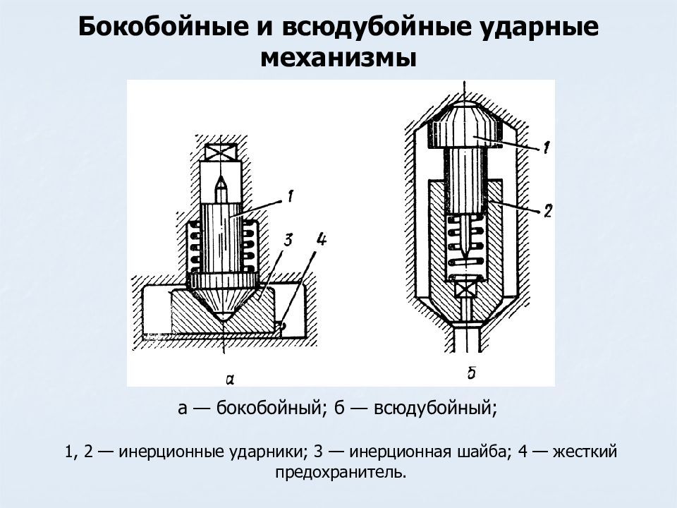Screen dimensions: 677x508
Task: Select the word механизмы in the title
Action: point(338,58)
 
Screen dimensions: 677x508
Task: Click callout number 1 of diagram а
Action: point(290,197)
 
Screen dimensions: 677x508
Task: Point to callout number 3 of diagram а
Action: point(288,239)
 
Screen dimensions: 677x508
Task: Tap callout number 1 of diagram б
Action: point(546,147)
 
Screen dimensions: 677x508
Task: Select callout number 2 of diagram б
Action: point(547,211)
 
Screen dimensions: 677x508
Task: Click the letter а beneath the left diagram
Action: point(230,380)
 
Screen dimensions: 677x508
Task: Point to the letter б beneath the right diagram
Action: point(472,373)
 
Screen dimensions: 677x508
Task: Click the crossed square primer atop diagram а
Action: point(221,153)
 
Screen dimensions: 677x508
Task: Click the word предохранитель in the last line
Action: point(341,472)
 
